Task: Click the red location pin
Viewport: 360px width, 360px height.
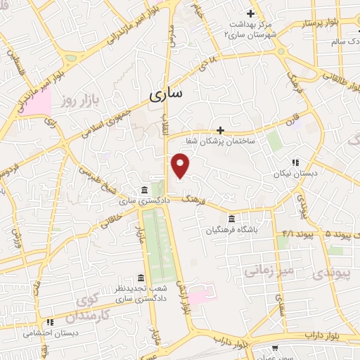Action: [x=181, y=166]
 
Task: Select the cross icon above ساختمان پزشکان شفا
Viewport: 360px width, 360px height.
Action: [x=220, y=130]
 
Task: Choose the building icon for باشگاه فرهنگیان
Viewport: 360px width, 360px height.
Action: [x=232, y=218]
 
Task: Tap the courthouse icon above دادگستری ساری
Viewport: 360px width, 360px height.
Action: [x=143, y=191]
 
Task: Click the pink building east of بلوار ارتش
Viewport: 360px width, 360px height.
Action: [x=199, y=294]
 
